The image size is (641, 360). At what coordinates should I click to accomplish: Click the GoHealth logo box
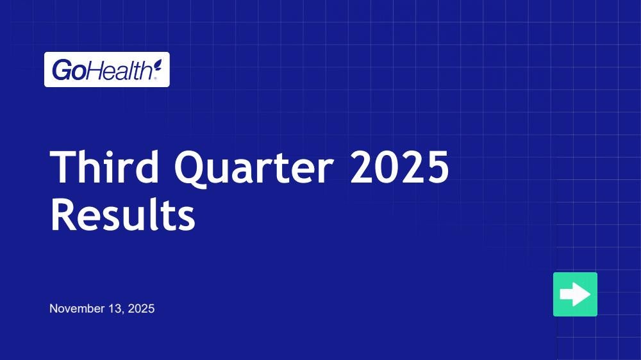pos(106,69)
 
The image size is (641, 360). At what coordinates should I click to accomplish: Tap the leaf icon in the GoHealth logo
pos(158,65)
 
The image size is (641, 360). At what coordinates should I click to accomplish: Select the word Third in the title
pos(104,167)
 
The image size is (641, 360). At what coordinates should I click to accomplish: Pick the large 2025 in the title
pos(399,167)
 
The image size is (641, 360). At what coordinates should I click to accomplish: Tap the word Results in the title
pos(122,214)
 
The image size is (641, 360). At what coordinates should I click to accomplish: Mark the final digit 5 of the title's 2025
pos(437,167)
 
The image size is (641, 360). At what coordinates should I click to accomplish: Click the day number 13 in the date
pos(115,309)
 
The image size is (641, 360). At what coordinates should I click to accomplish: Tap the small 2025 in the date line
pos(141,309)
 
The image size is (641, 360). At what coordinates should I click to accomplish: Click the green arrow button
pos(575,294)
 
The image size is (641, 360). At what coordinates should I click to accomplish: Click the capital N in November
pos(53,309)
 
